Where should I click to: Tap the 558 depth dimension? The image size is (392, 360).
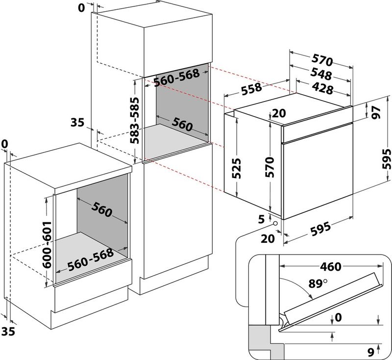(x=250, y=87)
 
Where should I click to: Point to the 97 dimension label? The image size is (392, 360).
(x=376, y=112)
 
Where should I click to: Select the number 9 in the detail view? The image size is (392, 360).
(x=370, y=351)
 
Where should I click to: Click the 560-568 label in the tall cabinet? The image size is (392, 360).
(x=176, y=77)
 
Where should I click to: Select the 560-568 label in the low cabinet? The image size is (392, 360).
(x=91, y=259)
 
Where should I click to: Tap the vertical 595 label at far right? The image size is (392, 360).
(x=386, y=158)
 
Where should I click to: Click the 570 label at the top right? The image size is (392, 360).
(x=322, y=61)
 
